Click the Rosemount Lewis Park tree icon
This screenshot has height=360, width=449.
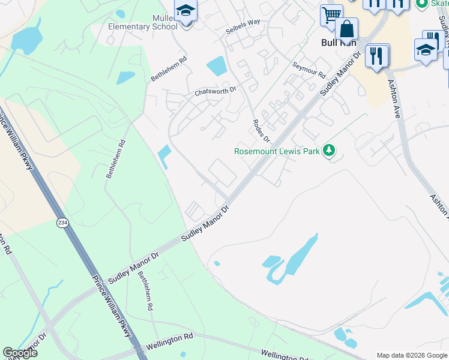tap(328, 151)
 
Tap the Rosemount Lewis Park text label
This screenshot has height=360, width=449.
tap(277, 152)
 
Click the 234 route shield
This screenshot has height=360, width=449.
tap(62, 223)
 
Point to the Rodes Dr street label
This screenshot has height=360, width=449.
tap(262, 129)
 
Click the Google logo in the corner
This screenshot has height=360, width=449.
tap(20, 353)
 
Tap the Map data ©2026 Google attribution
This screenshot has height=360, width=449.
tap(412, 355)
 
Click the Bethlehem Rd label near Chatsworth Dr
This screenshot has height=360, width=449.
tap(169, 69)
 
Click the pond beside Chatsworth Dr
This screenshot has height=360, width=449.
tap(217, 65)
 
